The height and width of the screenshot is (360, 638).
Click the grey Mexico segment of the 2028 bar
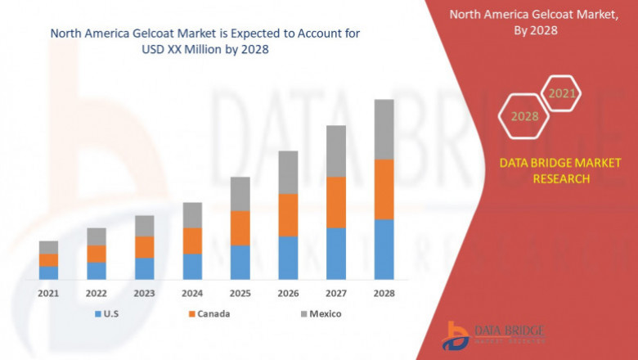[x=384, y=129]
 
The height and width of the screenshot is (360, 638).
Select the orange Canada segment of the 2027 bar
[x=336, y=202]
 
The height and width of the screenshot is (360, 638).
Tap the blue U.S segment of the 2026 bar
[x=288, y=258]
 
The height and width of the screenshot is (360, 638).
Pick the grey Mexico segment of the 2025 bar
[x=240, y=194]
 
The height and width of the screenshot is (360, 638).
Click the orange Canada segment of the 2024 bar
[x=192, y=241]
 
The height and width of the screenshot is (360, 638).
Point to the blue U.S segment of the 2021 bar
[x=48, y=272]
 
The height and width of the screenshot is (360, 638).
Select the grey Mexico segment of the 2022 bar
[x=97, y=236]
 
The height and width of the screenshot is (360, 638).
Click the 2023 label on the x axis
[x=144, y=293]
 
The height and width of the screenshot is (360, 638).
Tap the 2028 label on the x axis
[x=384, y=293]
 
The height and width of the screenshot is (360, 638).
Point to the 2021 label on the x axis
[x=48, y=293]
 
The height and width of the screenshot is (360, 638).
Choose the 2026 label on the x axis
[x=288, y=293]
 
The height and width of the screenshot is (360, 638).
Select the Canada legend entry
[x=209, y=313]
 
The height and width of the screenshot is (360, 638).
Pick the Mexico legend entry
[x=319, y=313]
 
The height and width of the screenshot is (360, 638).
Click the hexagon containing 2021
[x=561, y=94]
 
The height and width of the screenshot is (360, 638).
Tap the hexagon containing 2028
[x=524, y=116]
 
